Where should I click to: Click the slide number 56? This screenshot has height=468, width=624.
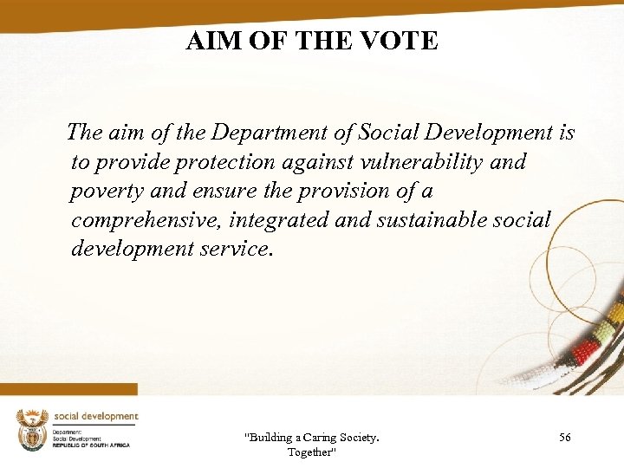(x=564, y=439)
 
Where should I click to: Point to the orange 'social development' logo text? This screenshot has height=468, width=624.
(x=95, y=417)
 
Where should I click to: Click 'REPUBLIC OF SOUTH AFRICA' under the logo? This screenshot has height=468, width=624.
(x=91, y=445)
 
